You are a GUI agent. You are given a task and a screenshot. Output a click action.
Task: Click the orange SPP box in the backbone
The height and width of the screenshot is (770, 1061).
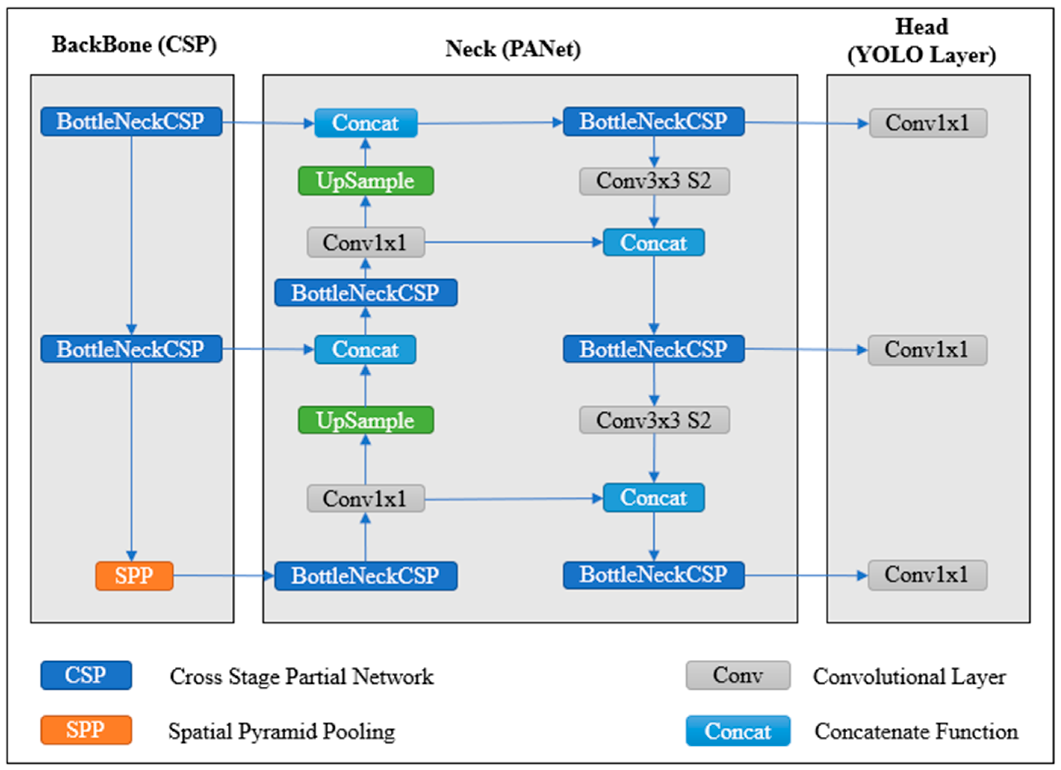click(x=134, y=575)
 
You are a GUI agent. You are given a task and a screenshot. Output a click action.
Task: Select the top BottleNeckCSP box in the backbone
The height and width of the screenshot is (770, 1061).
click(x=131, y=122)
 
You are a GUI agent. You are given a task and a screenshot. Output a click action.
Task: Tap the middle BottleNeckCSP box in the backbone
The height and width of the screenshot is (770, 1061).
click(x=131, y=349)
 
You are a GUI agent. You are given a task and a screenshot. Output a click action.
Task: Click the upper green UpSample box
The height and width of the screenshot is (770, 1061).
click(x=365, y=181)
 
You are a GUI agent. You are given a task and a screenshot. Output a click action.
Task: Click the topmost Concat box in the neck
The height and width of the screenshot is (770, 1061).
click(x=365, y=123)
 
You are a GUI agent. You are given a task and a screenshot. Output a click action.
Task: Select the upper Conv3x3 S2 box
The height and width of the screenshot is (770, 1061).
click(x=654, y=181)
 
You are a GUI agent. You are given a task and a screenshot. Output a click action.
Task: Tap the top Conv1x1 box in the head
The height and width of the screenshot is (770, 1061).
click(x=928, y=123)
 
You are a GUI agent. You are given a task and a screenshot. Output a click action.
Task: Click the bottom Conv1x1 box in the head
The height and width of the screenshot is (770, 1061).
click(x=927, y=575)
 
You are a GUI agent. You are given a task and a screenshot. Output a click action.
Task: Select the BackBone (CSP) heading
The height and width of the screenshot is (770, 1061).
click(x=134, y=45)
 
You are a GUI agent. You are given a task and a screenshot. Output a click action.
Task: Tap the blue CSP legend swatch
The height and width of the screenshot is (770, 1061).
click(x=86, y=675)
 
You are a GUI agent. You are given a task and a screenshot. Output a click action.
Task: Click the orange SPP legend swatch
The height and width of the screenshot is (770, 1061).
click(x=86, y=730)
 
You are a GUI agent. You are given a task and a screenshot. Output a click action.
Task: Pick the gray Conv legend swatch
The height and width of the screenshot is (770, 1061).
click(x=738, y=675)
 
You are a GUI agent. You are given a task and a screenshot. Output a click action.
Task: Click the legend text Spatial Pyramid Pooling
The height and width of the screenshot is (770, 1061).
click(x=282, y=731)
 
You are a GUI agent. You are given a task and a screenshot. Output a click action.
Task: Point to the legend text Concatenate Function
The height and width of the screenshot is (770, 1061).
click(x=916, y=731)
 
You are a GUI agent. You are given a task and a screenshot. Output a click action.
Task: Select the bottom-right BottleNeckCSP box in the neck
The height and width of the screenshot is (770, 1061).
click(x=653, y=575)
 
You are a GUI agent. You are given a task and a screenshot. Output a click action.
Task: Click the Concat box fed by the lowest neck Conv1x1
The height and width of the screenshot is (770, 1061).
click(x=653, y=497)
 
